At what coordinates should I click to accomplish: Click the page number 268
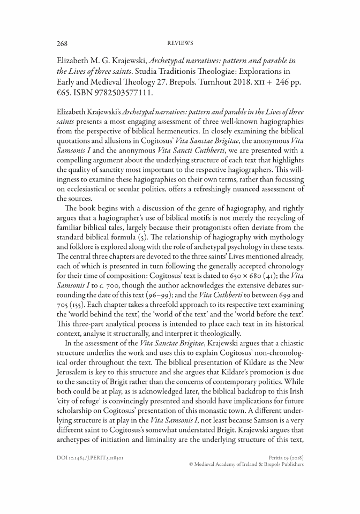click(63, 43)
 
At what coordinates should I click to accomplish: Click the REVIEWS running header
click(180, 43)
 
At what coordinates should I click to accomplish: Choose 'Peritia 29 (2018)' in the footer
click(284, 458)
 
